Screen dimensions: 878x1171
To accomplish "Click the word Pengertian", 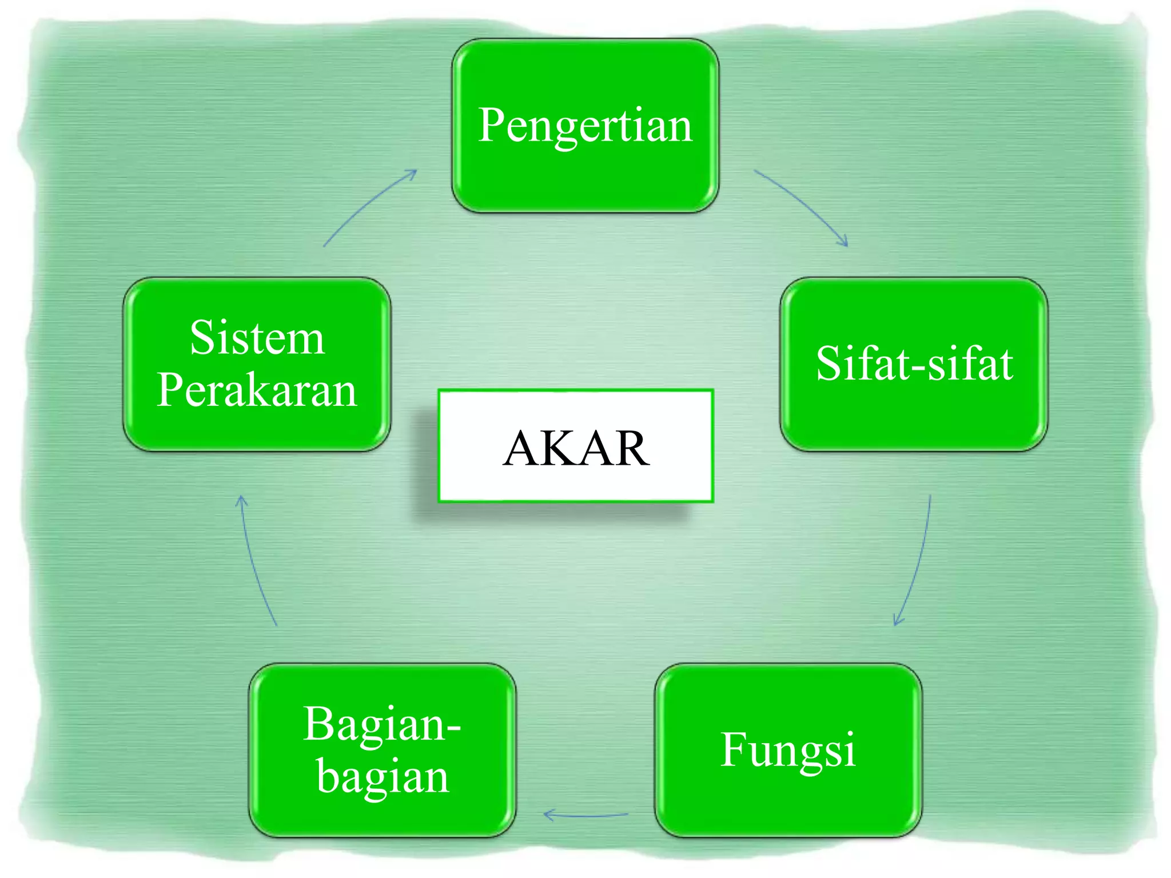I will tap(585, 125).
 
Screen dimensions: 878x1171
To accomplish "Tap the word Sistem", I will tap(257, 338).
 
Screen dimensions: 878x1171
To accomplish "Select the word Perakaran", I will tap(257, 390).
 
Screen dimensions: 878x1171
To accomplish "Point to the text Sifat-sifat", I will tap(914, 364).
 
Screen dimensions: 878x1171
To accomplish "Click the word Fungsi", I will tap(788, 749).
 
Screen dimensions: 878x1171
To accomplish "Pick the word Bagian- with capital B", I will tap(381, 724).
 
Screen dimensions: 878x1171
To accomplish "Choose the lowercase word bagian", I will tap(383, 777).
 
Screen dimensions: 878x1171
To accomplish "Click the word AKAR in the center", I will tap(576, 448).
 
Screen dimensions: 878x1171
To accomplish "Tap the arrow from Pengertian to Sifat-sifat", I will tap(803, 205).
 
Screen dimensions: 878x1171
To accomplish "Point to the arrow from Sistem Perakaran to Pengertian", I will tap(369, 206).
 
